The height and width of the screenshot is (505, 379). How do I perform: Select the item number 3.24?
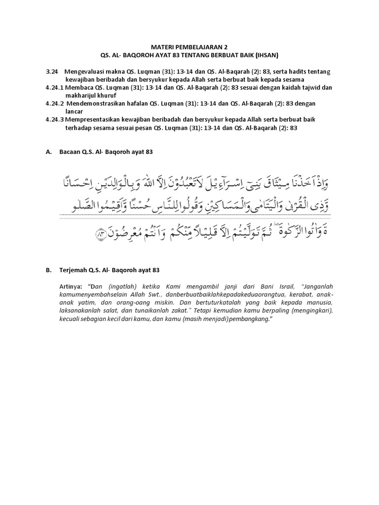coord(52,72)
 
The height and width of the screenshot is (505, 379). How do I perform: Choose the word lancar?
coord(74,111)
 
